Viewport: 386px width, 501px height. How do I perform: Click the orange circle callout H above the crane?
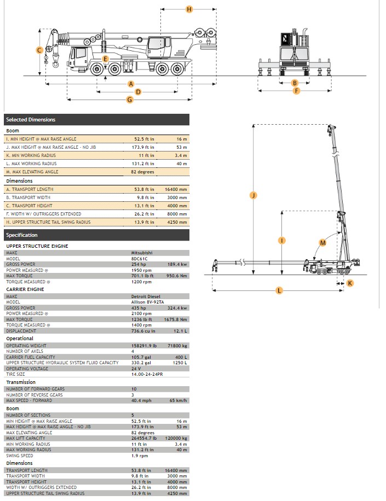coord(189,9)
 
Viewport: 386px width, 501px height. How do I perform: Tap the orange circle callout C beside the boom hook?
coord(39,50)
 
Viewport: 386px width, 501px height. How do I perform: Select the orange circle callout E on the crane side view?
coord(106,59)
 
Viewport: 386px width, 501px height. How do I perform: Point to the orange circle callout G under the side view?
coord(130,100)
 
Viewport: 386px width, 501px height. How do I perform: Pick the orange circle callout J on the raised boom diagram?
coord(253,195)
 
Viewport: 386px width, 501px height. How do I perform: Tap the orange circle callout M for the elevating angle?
coord(322,242)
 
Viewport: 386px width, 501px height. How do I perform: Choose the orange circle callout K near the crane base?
coord(350,283)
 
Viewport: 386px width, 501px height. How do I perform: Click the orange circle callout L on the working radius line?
coord(279,290)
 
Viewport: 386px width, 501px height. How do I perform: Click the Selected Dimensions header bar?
coord(96,120)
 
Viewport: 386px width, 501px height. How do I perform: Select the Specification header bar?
coord(96,235)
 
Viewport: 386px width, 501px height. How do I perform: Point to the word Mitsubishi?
coord(142,253)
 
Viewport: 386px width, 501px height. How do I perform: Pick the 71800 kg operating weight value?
coord(178,346)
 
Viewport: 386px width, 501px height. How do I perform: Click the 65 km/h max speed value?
coord(178,400)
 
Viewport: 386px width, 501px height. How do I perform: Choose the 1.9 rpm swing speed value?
coord(139,456)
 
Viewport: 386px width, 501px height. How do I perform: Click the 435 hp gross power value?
coord(138,308)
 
